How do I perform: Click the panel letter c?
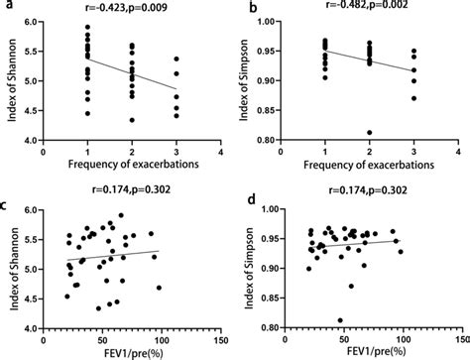tap(7, 205)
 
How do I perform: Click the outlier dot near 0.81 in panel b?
tap(369, 132)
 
